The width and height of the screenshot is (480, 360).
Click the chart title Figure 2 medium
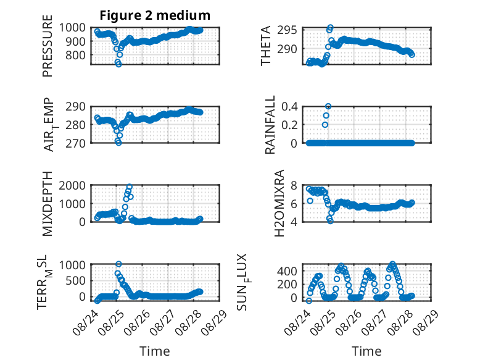(155, 15)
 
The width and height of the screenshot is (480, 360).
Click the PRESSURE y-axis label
(48, 46)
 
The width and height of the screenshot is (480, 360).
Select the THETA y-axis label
(266, 46)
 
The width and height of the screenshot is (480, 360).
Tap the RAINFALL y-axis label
(270, 125)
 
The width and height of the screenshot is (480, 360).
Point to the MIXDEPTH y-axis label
(48, 203)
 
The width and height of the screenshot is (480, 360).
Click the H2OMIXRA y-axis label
(279, 203)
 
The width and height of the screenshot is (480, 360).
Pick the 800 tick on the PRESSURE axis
(77, 56)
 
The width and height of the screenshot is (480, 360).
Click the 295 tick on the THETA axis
(287, 30)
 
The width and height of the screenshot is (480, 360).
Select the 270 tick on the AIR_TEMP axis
(75, 143)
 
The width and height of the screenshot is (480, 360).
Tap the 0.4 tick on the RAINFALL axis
(289, 107)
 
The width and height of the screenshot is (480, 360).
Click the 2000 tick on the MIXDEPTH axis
(72, 185)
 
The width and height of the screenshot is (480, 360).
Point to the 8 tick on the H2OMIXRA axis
(294, 185)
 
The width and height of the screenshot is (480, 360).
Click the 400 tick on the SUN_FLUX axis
(287, 271)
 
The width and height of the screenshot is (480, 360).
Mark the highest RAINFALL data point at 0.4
(328, 106)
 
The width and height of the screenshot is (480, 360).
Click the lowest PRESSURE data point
(118, 64)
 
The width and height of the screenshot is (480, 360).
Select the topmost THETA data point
(330, 27)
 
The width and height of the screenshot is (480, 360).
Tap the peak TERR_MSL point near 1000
(119, 264)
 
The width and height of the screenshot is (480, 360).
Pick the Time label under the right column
(366, 351)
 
